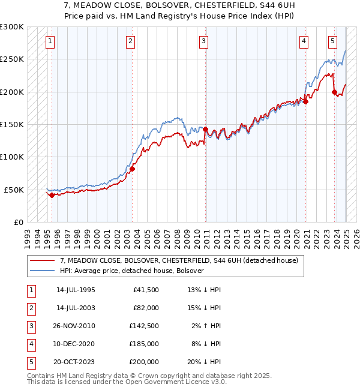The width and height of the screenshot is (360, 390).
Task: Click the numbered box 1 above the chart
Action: point(49,41)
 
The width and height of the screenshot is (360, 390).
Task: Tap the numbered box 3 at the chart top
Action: point(204,41)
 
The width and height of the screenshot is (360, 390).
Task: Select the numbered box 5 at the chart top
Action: point(332,41)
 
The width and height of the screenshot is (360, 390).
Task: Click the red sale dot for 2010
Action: point(205,129)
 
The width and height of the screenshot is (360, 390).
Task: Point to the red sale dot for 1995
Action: point(52,195)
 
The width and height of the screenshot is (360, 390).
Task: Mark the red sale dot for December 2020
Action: point(306,101)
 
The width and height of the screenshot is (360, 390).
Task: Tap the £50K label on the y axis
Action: point(14,190)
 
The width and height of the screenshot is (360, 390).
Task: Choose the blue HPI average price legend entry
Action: point(132,271)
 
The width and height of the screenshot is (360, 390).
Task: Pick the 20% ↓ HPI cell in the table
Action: point(205,362)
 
